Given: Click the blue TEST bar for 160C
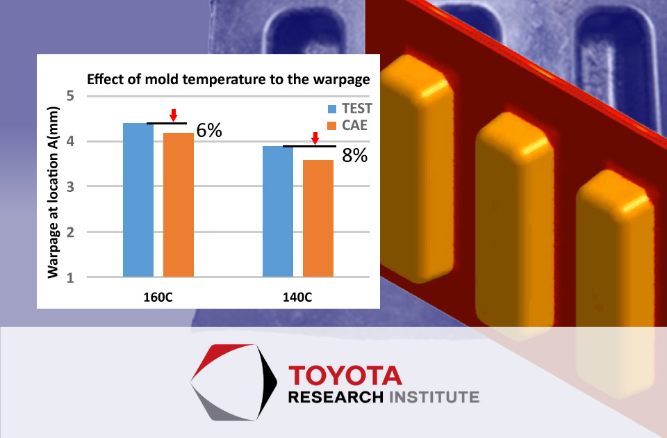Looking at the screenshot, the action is [x=138, y=200].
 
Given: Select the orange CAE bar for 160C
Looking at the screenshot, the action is [x=179, y=204].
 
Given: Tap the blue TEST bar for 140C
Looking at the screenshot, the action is [x=278, y=211].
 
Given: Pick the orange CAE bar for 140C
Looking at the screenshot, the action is [x=318, y=218].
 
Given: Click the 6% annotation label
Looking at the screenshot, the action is [x=209, y=131].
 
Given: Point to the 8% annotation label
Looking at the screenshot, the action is [x=355, y=156].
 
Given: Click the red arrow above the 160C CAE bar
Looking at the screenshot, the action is [x=173, y=115].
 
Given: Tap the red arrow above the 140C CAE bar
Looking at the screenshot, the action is [x=315, y=138].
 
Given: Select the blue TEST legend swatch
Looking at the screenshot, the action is [x=332, y=109].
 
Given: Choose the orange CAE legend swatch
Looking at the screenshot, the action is [x=332, y=126].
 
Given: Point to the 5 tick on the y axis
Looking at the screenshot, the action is [x=70, y=96].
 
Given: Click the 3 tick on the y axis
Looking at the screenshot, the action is [x=70, y=186].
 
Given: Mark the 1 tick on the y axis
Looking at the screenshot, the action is [x=70, y=277].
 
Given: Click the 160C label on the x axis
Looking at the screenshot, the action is [x=158, y=297].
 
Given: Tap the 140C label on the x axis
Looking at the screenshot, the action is [x=297, y=297].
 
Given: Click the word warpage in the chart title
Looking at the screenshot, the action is [x=342, y=80].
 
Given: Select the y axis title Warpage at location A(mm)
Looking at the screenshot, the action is [x=53, y=193].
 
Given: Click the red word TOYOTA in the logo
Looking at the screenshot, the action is [x=345, y=375].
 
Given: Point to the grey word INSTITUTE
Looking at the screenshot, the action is [x=434, y=397].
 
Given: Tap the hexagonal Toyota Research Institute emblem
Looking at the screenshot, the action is [x=233, y=382].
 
